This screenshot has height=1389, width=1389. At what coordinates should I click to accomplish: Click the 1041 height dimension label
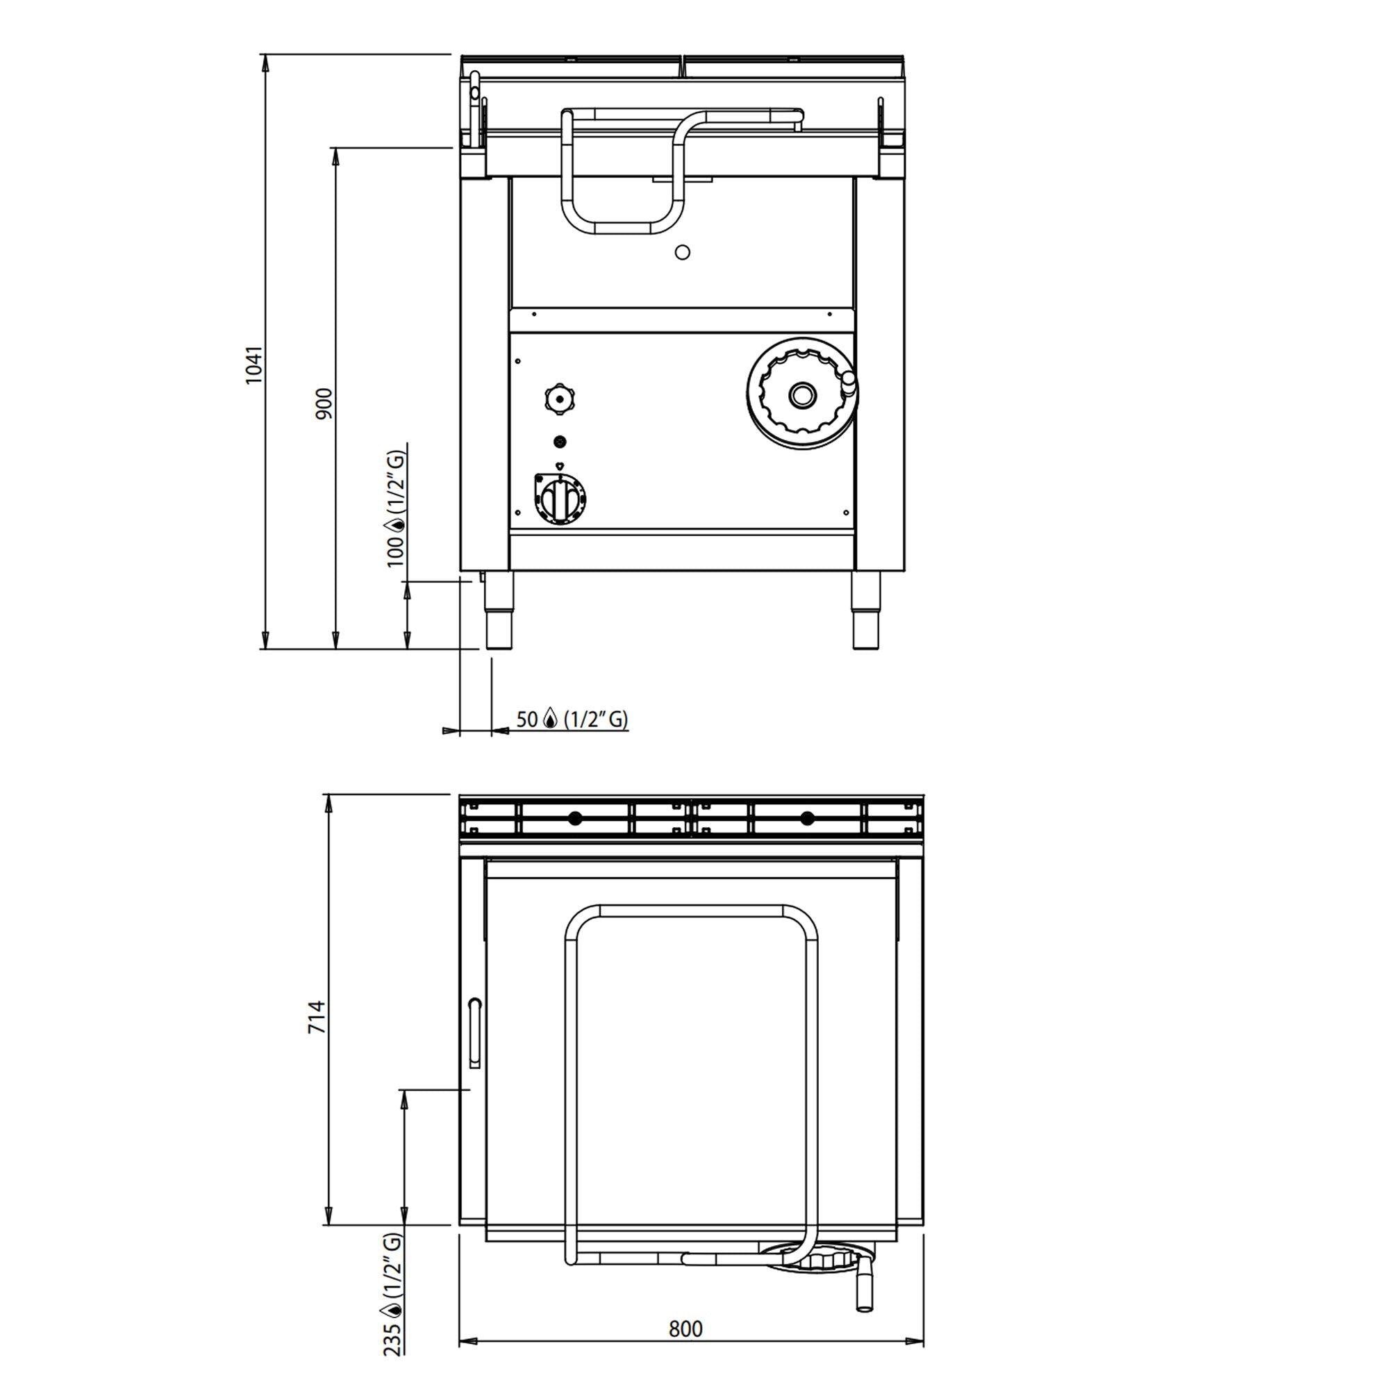coord(253,365)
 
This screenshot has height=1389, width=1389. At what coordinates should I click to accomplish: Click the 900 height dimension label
coord(324,404)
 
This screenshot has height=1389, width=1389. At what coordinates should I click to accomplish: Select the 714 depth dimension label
coord(317,1017)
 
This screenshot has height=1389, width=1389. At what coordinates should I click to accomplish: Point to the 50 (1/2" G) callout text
coord(572,719)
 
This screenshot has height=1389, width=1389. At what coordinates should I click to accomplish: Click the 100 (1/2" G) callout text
coord(396,509)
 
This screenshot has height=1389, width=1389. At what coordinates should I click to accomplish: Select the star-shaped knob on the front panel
coord(560,398)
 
